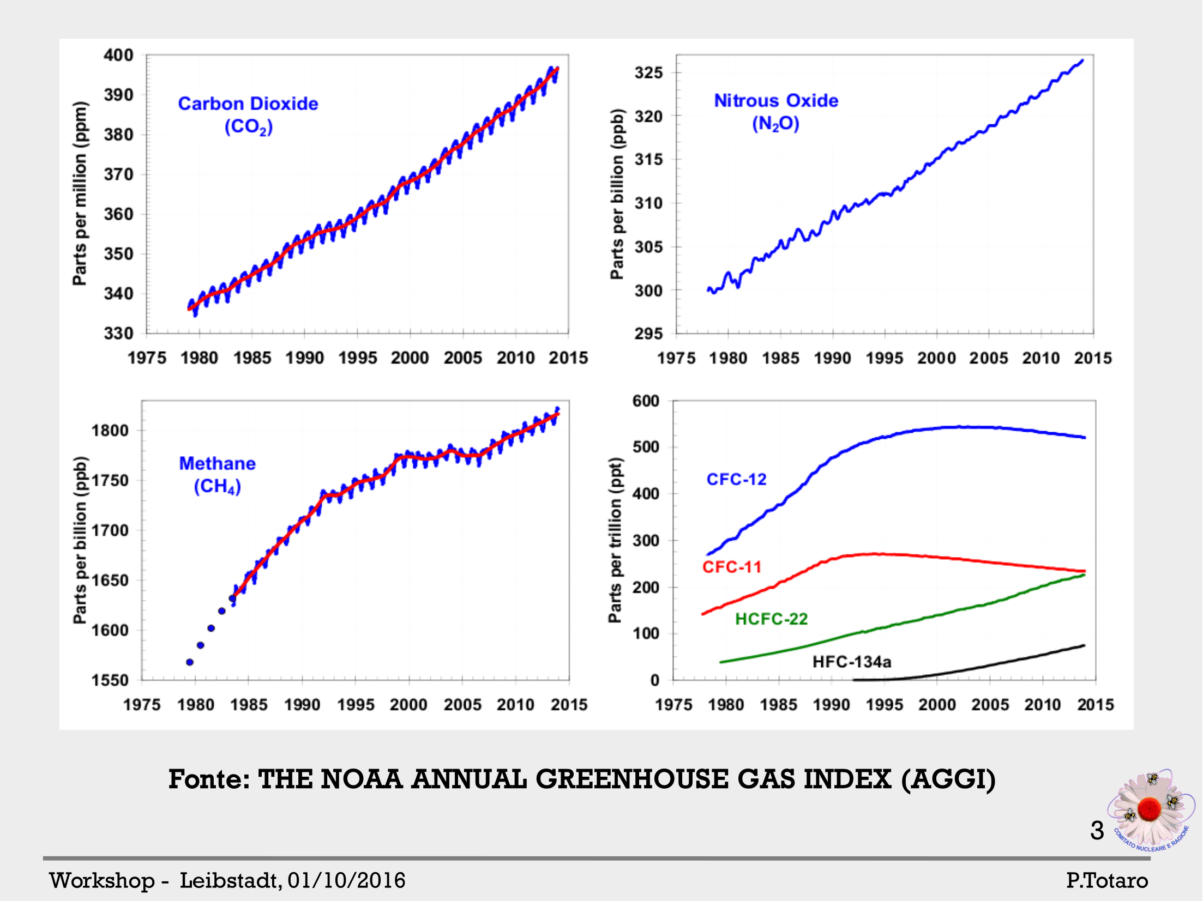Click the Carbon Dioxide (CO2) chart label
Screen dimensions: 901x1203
pos(248,114)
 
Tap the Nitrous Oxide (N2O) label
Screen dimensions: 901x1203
pos(776,112)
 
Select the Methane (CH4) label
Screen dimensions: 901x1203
pos(217,474)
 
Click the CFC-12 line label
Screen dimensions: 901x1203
pos(736,479)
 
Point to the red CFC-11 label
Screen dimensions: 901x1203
pos(731,567)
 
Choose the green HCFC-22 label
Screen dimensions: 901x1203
pos(771,619)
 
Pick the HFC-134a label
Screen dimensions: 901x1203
pos(852,662)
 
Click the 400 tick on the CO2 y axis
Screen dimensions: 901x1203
pos(118,55)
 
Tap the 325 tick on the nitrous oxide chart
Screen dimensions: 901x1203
pos(648,72)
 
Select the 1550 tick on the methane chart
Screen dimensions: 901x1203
pos(110,680)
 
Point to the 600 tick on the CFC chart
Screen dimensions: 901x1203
pos(646,401)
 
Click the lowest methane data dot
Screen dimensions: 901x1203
pos(190,662)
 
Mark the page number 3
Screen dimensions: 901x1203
pos(1097,830)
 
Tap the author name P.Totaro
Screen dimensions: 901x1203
pos(1107,880)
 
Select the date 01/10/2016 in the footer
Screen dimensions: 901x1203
pos(346,880)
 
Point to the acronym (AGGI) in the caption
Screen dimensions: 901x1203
pos(948,779)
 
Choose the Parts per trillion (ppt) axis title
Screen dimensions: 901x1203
pos(615,540)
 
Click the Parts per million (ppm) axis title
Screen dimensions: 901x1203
pos(80,193)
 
